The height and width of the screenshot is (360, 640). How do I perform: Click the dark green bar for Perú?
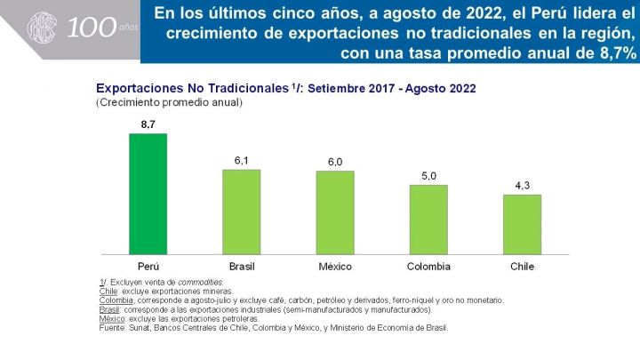coord(148,194)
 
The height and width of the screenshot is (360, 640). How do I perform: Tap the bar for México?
coord(335,212)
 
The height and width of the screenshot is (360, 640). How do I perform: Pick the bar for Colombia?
coord(428,220)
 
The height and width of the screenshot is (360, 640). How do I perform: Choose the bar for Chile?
coord(522,224)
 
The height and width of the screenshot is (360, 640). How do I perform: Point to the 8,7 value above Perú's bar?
coord(148,124)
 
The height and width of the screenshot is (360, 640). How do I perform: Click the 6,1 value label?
coord(241,160)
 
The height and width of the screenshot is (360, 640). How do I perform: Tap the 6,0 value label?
coord(335,162)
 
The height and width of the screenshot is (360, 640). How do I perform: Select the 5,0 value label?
coord(428,176)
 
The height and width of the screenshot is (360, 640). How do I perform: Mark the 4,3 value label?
coord(522,186)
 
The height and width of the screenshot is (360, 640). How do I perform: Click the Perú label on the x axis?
coord(148,267)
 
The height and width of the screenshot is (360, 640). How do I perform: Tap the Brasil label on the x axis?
coord(242,267)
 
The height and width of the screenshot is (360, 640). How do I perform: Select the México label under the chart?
coord(335,267)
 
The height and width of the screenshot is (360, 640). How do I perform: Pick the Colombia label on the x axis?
coord(428,267)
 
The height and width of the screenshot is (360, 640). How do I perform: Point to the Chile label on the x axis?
coord(522,267)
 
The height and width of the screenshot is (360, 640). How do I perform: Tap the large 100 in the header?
coord(89,28)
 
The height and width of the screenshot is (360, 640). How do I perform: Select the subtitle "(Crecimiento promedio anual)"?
coord(169,103)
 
